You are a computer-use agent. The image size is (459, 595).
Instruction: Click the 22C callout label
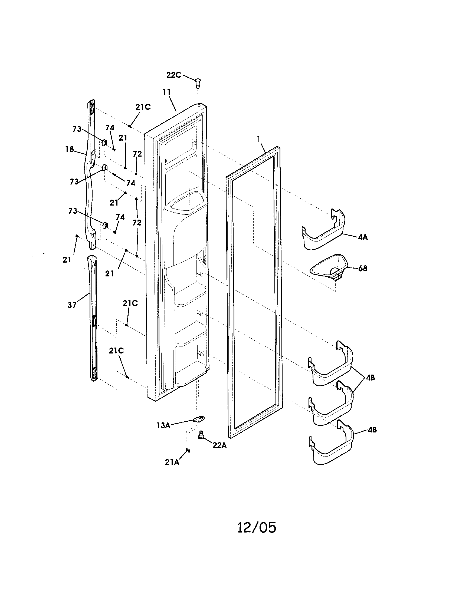click(x=174, y=75)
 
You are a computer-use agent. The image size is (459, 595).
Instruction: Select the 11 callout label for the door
click(x=166, y=92)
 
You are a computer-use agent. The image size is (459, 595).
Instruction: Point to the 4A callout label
click(x=363, y=237)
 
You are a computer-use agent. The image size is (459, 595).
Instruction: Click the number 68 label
click(x=362, y=268)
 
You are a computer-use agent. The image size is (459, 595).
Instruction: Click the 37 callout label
click(x=72, y=305)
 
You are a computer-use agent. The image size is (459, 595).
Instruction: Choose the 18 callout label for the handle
click(x=70, y=149)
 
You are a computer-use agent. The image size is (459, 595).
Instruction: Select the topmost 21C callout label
click(x=143, y=107)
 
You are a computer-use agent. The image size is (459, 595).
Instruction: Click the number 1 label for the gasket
click(x=259, y=139)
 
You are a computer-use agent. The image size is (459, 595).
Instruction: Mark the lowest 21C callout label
click(x=116, y=351)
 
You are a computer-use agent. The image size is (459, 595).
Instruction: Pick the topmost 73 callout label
click(x=77, y=129)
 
